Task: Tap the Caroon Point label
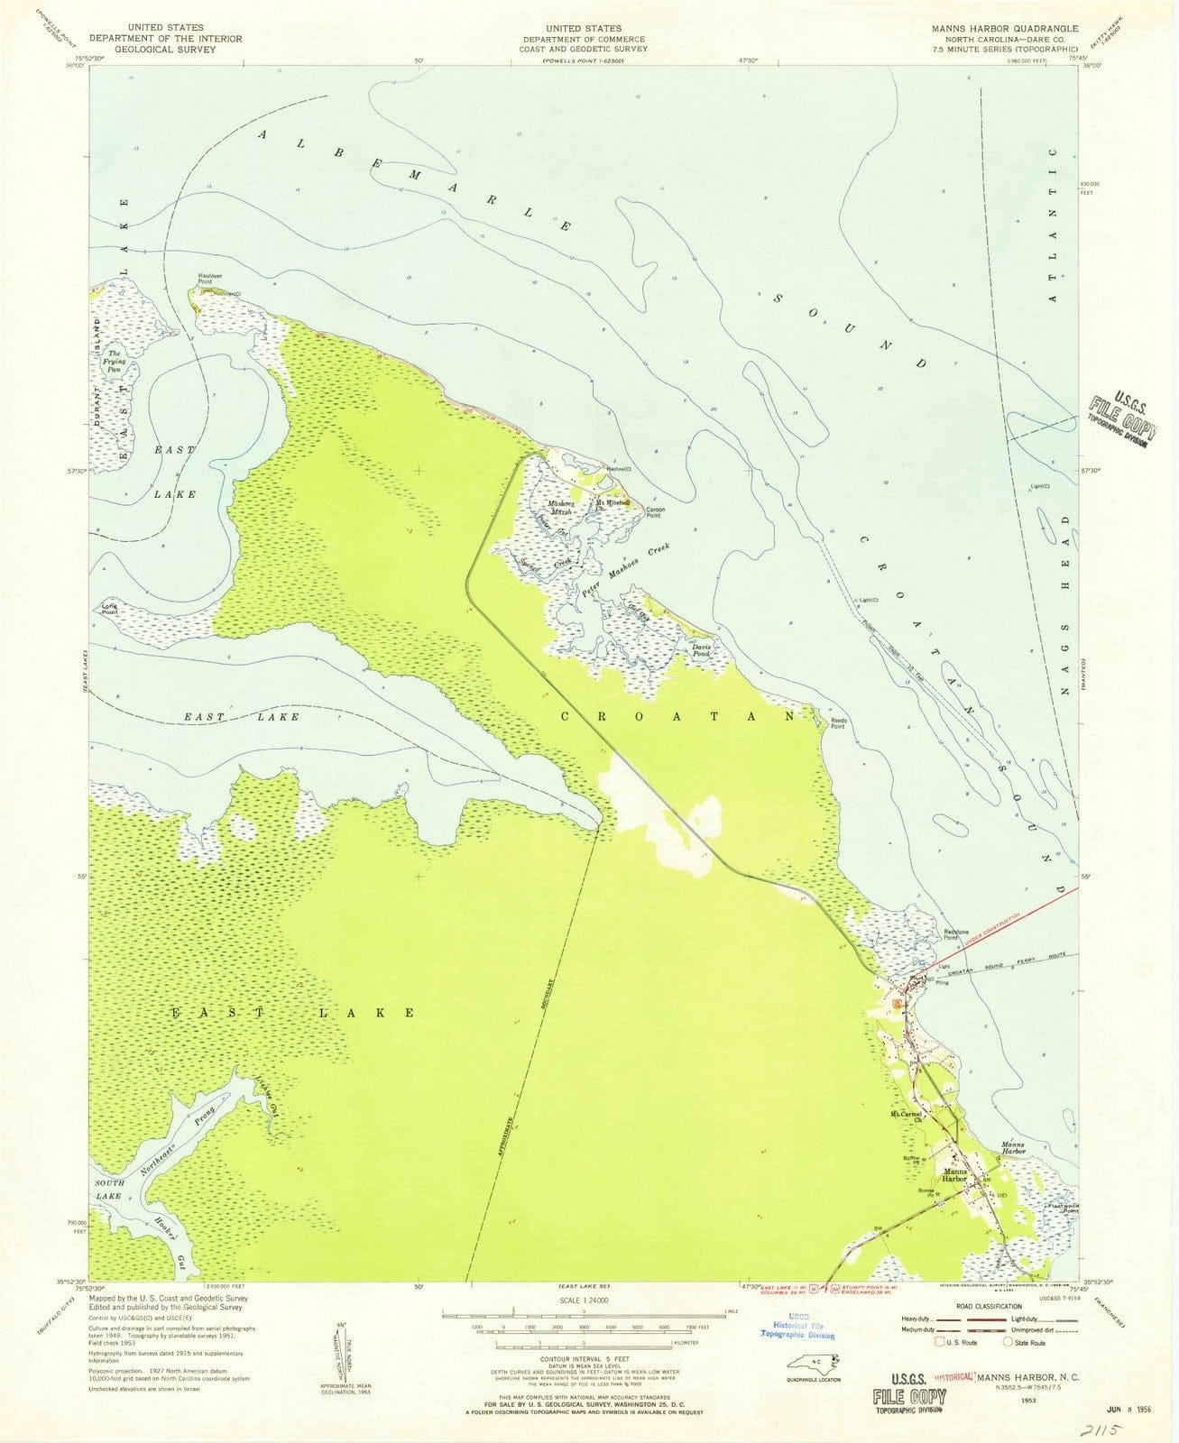[655, 512]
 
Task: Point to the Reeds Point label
[837, 722]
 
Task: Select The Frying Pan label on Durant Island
[115, 361]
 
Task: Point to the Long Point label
[109, 608]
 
